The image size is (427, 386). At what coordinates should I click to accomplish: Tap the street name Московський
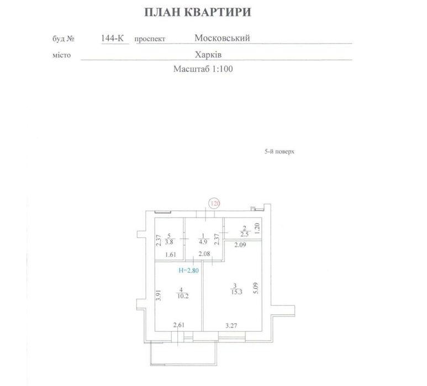click(223, 38)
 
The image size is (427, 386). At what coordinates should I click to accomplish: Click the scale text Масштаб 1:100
click(204, 70)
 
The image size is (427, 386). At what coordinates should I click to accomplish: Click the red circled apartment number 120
click(215, 203)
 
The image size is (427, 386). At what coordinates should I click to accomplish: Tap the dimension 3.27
click(233, 325)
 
